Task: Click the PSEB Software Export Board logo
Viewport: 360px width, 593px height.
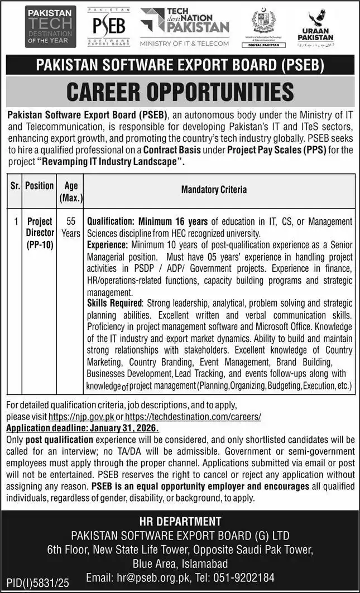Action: click(x=108, y=27)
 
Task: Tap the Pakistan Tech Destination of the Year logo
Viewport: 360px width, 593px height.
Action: click(x=50, y=27)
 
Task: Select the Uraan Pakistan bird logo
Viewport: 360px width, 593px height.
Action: click(x=320, y=27)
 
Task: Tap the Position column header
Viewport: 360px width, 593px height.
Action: click(x=40, y=186)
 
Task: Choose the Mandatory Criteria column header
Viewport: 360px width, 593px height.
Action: click(x=214, y=190)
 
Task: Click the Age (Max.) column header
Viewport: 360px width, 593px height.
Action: click(x=71, y=191)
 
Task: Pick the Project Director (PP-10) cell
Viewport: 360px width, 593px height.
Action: click(x=40, y=233)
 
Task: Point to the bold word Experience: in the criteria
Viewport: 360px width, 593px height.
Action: click(x=108, y=244)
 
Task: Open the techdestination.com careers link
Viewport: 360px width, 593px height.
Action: click(x=193, y=417)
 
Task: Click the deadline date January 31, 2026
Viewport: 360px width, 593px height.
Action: click(x=123, y=428)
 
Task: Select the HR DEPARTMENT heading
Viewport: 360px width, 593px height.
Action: click(x=180, y=522)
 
